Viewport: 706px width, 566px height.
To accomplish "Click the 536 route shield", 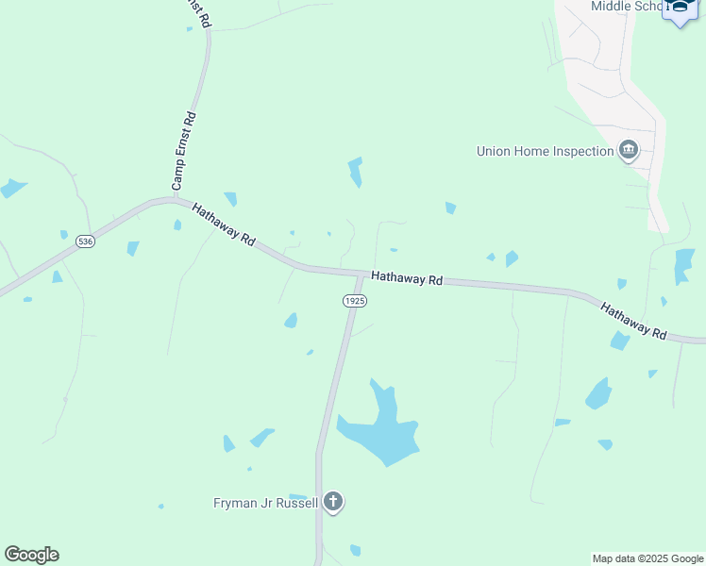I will coord(86,241).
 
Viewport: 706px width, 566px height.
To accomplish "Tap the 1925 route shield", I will coord(354,300).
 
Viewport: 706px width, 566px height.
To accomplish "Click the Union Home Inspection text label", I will coord(545,151).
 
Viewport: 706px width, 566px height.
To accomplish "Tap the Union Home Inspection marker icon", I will coord(629,151).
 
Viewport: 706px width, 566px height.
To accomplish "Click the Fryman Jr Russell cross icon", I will coord(332,502).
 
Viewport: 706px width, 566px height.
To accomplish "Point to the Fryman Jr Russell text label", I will coord(265,503).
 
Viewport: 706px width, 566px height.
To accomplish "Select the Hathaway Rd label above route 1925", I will coord(407,278).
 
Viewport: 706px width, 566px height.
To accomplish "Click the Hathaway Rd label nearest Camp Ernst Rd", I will coord(224,225).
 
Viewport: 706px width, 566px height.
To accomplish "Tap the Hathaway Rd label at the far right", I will coord(634,321).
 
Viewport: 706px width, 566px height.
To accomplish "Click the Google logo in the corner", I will coord(32,555).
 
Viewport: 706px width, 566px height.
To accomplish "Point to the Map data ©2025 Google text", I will coord(648,558).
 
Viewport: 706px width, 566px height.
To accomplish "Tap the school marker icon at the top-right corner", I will coord(681,9).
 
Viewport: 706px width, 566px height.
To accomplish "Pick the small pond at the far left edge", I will coord(12,188).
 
